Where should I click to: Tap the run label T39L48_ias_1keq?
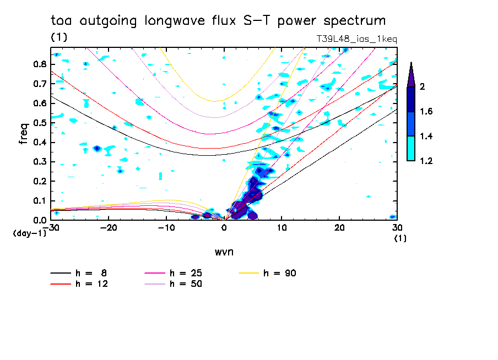(356, 39)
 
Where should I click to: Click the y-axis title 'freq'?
(23, 134)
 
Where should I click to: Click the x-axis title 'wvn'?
(224, 252)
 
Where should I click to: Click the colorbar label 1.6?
(426, 112)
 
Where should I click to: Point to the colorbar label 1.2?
(426, 161)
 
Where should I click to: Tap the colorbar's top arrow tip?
(411, 63)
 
